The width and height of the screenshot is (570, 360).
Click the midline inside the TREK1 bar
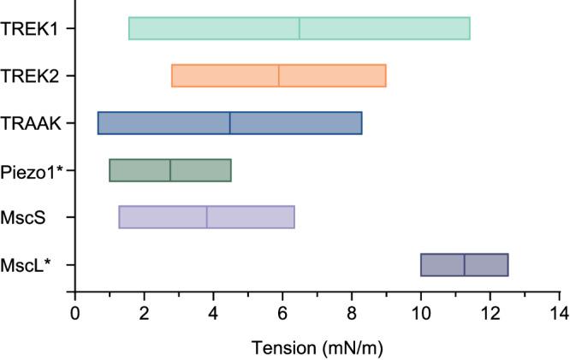pyautogui.click(x=300, y=28)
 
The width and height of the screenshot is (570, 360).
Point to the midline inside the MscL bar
pyautogui.click(x=465, y=265)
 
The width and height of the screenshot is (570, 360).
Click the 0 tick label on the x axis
pyautogui.click(x=75, y=311)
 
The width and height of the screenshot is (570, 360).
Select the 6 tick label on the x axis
pyautogui.click(x=282, y=311)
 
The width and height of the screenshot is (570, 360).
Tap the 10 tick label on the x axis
pyautogui.click(x=420, y=311)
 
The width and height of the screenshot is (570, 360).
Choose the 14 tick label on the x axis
pyautogui.click(x=559, y=311)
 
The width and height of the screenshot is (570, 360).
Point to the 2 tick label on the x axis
pyautogui.click(x=145, y=311)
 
